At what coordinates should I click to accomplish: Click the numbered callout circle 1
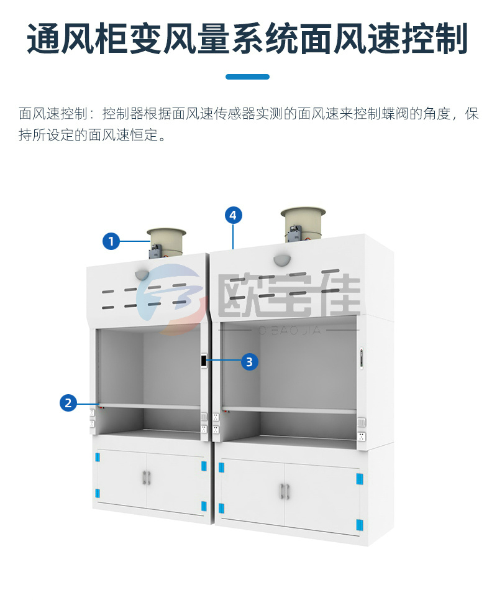pos(111,241)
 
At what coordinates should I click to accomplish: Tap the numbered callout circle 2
pos(68,403)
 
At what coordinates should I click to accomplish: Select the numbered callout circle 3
pos(249,362)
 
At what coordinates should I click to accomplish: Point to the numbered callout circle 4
pos(233,215)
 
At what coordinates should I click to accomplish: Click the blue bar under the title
pos(247,76)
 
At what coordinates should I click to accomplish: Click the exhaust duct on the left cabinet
pos(166,242)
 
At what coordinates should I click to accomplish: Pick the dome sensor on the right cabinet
pos(282,260)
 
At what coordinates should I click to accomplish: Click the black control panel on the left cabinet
pos(204,360)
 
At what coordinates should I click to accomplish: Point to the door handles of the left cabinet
pos(147,477)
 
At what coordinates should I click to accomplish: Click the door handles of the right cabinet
pos(284,491)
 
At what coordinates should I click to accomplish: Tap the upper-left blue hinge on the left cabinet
pos(98,457)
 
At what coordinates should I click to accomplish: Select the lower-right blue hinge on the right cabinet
pos(359,524)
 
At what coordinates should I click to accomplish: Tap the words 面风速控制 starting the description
pos(53,114)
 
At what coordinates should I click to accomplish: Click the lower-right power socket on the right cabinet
pos(362,436)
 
